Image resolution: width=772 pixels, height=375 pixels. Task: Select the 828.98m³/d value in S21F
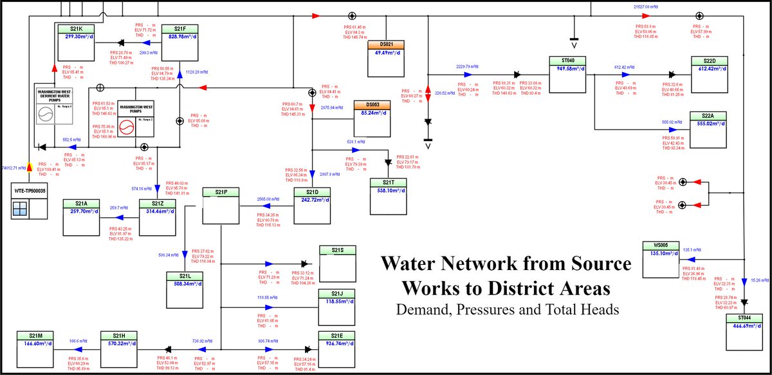pyautogui.click(x=179, y=37)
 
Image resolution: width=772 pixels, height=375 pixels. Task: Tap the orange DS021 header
pyautogui.click(x=385, y=44)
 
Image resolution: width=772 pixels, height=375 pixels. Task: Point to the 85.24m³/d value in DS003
pyautogui.click(x=372, y=113)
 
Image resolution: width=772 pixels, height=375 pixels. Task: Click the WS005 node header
pyautogui.click(x=661, y=245)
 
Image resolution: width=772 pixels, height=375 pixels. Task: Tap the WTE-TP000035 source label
pyautogui.click(x=30, y=192)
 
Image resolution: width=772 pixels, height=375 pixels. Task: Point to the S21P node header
pyautogui.click(x=221, y=191)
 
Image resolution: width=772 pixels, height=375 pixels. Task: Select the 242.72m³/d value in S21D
pyautogui.click(x=311, y=200)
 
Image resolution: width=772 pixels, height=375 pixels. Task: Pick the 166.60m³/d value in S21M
pyautogui.click(x=35, y=344)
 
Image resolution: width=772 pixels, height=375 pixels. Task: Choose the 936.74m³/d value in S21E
pyautogui.click(x=337, y=344)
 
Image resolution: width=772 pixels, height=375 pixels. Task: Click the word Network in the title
pyautogui.click(x=501, y=264)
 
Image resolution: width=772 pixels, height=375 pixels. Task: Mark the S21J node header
pyautogui.click(x=337, y=294)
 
